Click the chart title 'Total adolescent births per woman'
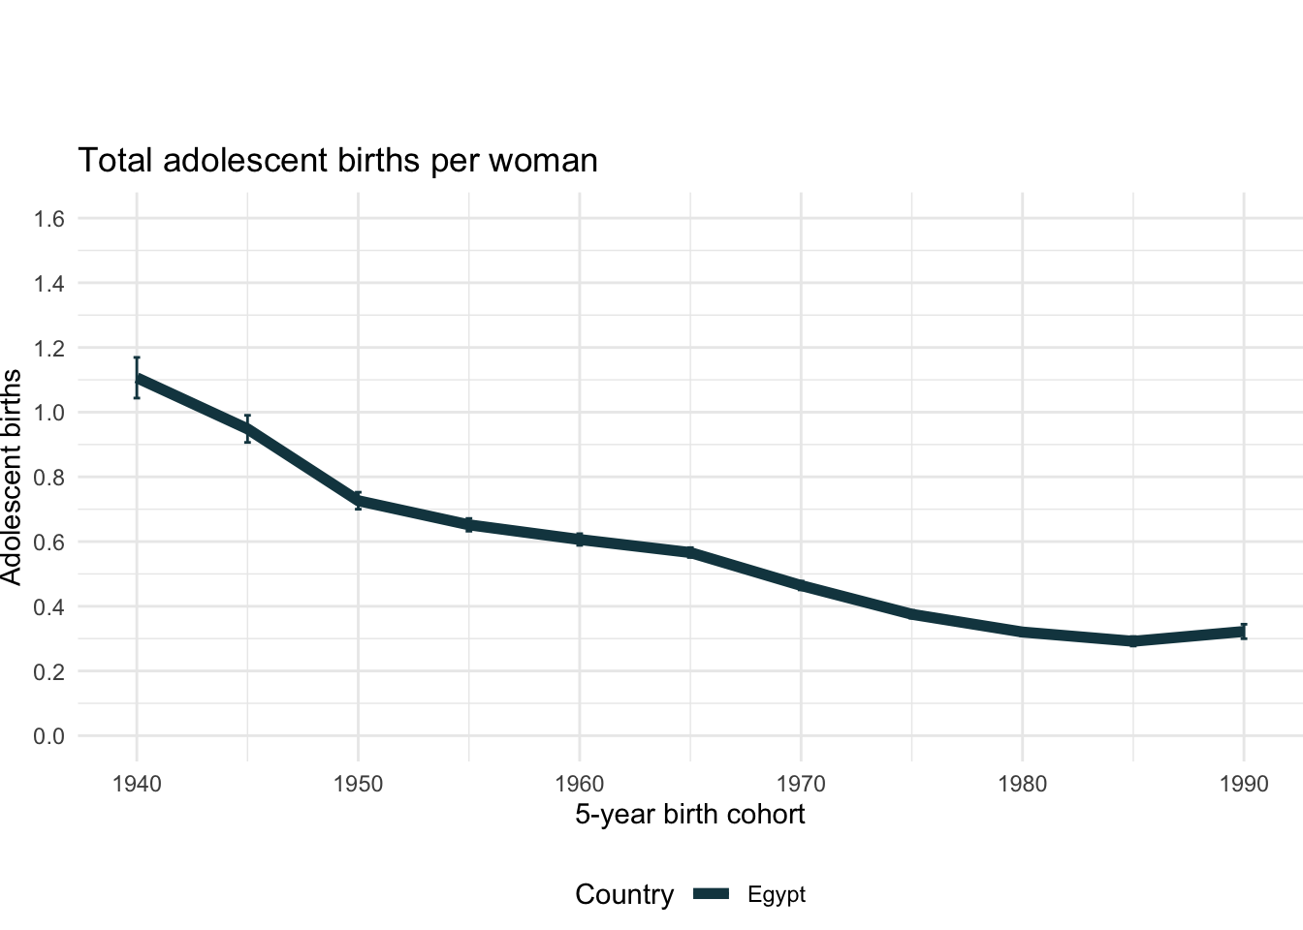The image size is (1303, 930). click(337, 160)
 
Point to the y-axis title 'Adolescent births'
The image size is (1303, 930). click(12, 477)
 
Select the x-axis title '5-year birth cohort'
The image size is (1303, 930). click(689, 814)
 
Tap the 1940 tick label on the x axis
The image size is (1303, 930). click(137, 784)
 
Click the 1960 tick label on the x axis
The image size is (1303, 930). click(580, 784)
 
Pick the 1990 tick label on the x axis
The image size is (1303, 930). click(1244, 784)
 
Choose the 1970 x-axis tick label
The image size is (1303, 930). click(801, 784)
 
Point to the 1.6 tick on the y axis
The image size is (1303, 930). click(48, 219)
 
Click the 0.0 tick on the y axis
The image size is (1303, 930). click(48, 736)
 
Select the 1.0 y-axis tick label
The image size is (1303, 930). click(48, 413)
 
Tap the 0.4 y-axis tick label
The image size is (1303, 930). click(48, 607)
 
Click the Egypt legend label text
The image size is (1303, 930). click(776, 895)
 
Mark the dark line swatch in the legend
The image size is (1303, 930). click(711, 895)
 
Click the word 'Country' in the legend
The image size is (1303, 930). click(623, 895)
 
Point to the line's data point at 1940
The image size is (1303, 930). click(137, 379)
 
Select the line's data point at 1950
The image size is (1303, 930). click(358, 501)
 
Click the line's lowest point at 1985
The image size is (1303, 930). click(1133, 641)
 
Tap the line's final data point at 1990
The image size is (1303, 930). click(1244, 632)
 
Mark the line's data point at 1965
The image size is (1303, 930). click(690, 553)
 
